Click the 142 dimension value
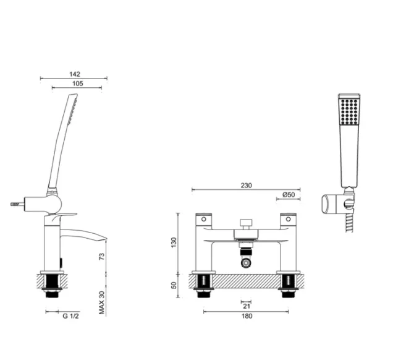[74, 74]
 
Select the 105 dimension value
[77, 84]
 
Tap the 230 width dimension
[245, 186]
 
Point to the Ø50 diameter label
[288, 195]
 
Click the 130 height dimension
[175, 242]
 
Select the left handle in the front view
[203, 219]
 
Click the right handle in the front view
[288, 219]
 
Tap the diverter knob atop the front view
[245, 221]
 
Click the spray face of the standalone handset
[349, 114]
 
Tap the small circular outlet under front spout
[245, 263]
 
